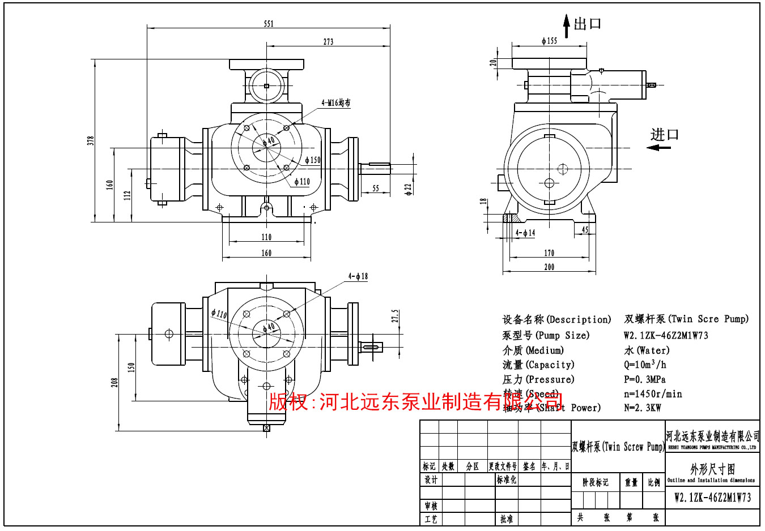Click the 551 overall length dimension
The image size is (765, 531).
pyautogui.click(x=269, y=24)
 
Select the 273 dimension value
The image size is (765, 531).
pyautogui.click(x=329, y=42)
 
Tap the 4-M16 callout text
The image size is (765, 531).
pyautogui.click(x=336, y=103)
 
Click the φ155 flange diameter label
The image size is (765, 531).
pyautogui.click(x=549, y=41)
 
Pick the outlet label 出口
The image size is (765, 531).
pyautogui.click(x=588, y=24)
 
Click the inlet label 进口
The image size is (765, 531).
pyautogui.click(x=665, y=135)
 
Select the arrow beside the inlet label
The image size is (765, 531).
pyautogui.click(x=658, y=148)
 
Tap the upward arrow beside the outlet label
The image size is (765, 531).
pyautogui.click(x=566, y=26)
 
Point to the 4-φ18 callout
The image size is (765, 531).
pyautogui.click(x=358, y=276)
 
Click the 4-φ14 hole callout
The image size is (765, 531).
pyautogui.click(x=525, y=233)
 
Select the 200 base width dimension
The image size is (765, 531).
pyautogui.click(x=549, y=267)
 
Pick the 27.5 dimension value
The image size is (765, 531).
pyautogui.click(x=395, y=316)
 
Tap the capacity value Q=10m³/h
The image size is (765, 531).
pyautogui.click(x=645, y=365)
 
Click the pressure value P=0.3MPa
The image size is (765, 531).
pyautogui.click(x=645, y=379)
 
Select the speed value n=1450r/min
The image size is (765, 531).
pyautogui.click(x=653, y=394)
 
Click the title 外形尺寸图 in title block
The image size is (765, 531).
pyautogui.click(x=712, y=469)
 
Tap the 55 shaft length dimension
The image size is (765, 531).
pyautogui.click(x=376, y=189)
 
